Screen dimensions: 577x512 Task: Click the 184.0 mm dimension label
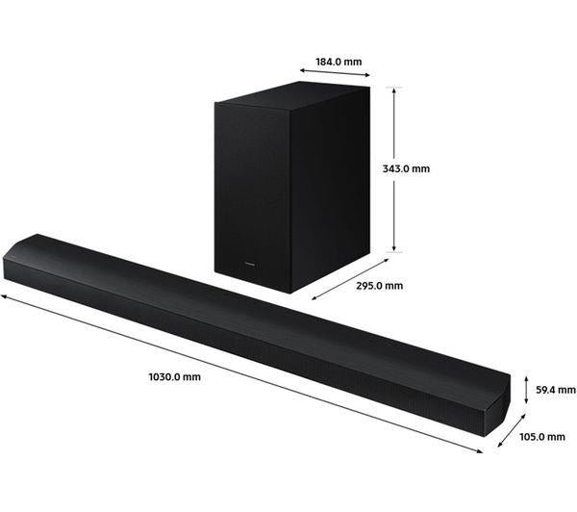pos(339,62)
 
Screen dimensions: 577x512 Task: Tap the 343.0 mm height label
pos(406,168)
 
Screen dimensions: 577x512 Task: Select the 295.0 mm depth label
pos(380,286)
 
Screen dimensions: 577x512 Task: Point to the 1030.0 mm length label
pos(175,377)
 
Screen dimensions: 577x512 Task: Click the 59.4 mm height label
pos(556,390)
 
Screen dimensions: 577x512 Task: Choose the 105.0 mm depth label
pos(542,437)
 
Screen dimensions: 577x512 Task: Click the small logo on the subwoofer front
pos(250,263)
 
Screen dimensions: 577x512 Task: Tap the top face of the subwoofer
pos(292,96)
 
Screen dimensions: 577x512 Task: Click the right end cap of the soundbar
pos(497,405)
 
